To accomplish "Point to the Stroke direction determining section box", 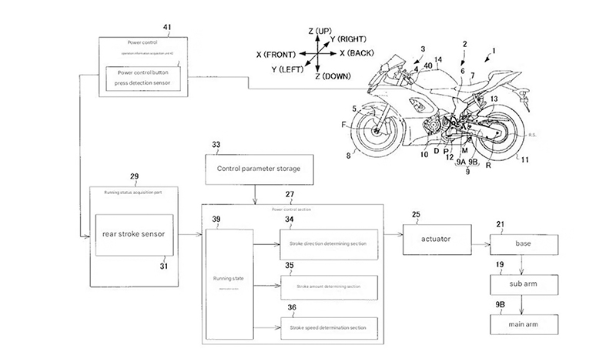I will [329, 243].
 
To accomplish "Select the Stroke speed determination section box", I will [329, 328].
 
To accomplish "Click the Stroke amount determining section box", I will [329, 286].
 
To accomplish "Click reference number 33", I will [215, 144].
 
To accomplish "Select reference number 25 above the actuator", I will [417, 213].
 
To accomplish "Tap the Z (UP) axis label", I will [320, 30].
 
